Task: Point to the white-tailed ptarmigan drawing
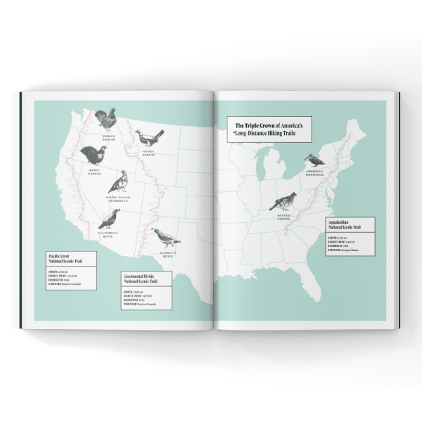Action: click(x=119, y=182)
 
